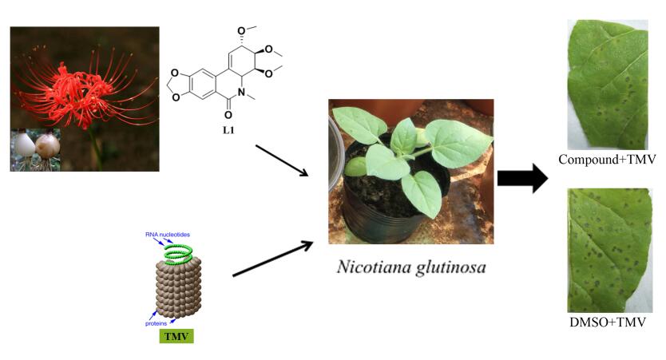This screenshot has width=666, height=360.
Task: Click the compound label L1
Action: (x=228, y=129)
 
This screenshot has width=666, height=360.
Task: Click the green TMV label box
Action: (x=176, y=336)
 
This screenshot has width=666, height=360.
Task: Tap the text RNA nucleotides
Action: (x=167, y=235)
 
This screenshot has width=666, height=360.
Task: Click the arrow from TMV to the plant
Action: (x=272, y=259)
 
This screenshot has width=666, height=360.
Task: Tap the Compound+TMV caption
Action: (x=607, y=160)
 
